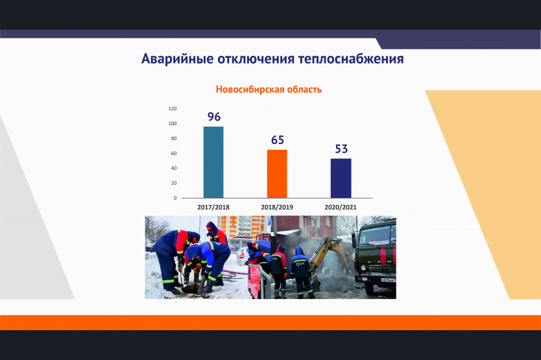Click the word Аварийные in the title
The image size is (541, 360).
177,59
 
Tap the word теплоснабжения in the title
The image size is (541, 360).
351,59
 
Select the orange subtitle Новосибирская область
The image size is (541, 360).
269,90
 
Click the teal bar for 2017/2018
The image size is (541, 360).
213,162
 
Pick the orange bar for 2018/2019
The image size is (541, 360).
277,174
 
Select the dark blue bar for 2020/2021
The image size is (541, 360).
341,178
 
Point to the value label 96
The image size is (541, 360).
214,117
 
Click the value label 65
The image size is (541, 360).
278,140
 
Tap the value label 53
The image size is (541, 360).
341,149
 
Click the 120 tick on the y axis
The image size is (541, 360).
173,108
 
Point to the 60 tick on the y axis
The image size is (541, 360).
174,153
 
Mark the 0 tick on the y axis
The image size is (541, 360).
175,198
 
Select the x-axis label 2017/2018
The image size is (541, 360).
213,208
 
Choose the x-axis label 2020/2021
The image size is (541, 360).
341,208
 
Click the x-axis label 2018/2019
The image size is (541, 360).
277,208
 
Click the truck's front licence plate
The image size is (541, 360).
389,280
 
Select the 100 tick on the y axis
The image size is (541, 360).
173,123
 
